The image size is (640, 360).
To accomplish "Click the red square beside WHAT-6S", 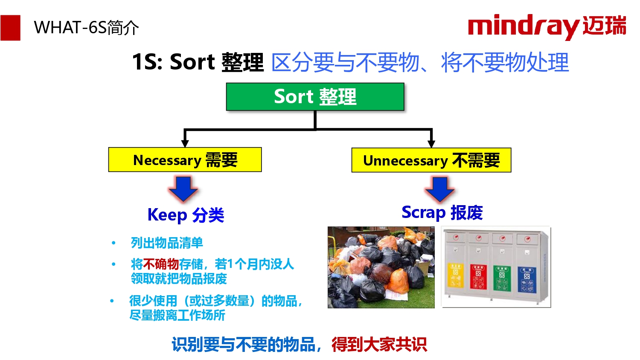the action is [x=10, y=28].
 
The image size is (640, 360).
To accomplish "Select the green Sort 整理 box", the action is [x=315, y=96].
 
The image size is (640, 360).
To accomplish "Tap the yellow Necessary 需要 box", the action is [x=185, y=160].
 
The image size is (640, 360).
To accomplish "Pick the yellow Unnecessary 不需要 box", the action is [x=431, y=160].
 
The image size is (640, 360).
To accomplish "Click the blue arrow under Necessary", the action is [x=183, y=189].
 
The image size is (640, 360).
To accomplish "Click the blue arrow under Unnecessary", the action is [x=440, y=189].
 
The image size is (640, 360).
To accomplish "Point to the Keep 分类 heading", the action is [x=186, y=215].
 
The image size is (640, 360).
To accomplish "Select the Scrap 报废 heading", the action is [x=442, y=212].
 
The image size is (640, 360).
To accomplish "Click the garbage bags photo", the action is [x=381, y=267].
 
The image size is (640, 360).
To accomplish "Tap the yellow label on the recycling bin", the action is [x=455, y=275].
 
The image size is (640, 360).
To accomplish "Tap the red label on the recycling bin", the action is [x=479, y=277].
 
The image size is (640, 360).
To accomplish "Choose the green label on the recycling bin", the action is [x=502, y=278].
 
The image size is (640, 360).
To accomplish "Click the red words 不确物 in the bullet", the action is [x=161, y=264].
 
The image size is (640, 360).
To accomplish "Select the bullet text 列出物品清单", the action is [x=167, y=243].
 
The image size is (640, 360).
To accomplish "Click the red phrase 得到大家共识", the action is [x=379, y=344].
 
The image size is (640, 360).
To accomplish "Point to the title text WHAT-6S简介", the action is [x=86, y=28].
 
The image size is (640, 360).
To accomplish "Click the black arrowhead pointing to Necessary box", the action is [x=185, y=143].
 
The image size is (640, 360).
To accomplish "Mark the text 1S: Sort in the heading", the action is [x=173, y=62].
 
